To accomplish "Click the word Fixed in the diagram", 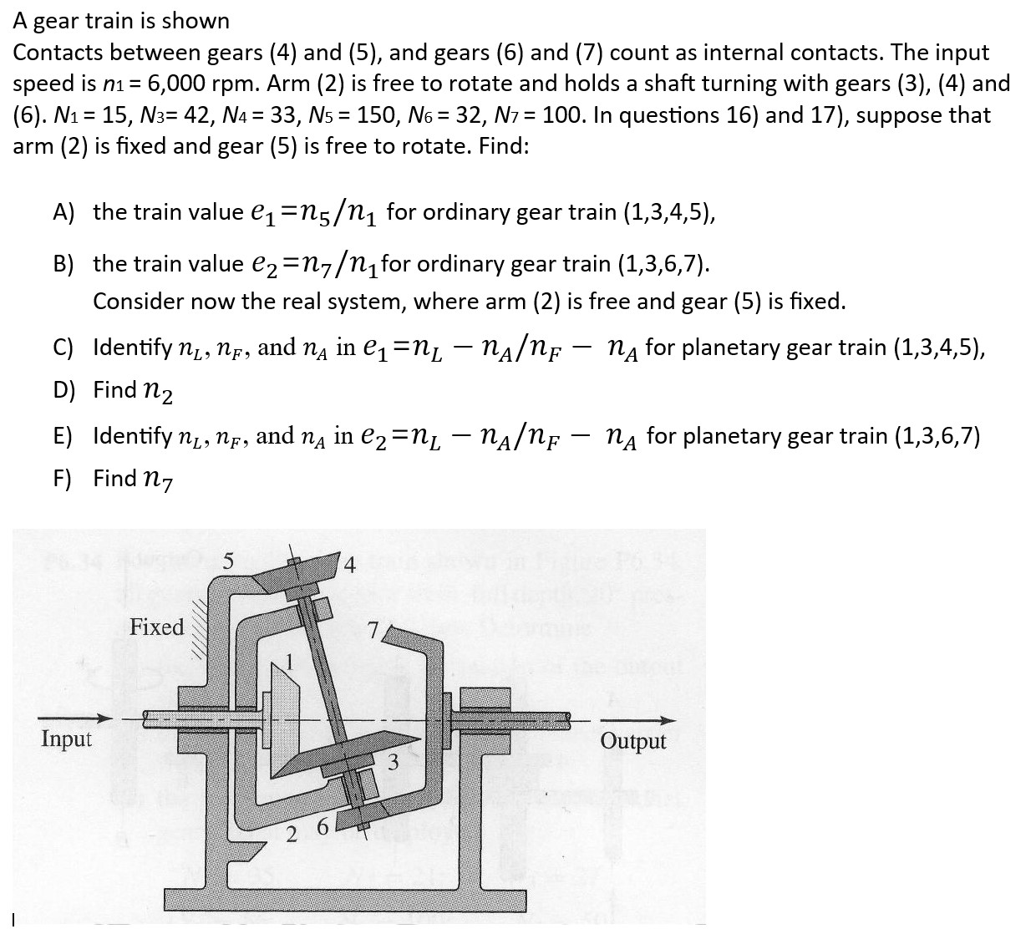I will pyautogui.click(x=156, y=627).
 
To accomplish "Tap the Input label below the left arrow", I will pyautogui.click(x=66, y=739).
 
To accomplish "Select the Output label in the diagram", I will pyautogui.click(x=632, y=741).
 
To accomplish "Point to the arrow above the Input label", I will pyautogui.click(x=74, y=718).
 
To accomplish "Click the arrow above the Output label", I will pyautogui.click(x=636, y=720).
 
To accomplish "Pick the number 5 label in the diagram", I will pyautogui.click(x=228, y=561).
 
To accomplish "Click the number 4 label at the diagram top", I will pyautogui.click(x=350, y=566).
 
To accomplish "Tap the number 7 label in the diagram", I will pyautogui.click(x=373, y=629).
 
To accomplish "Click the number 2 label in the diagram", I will pyautogui.click(x=292, y=834).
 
